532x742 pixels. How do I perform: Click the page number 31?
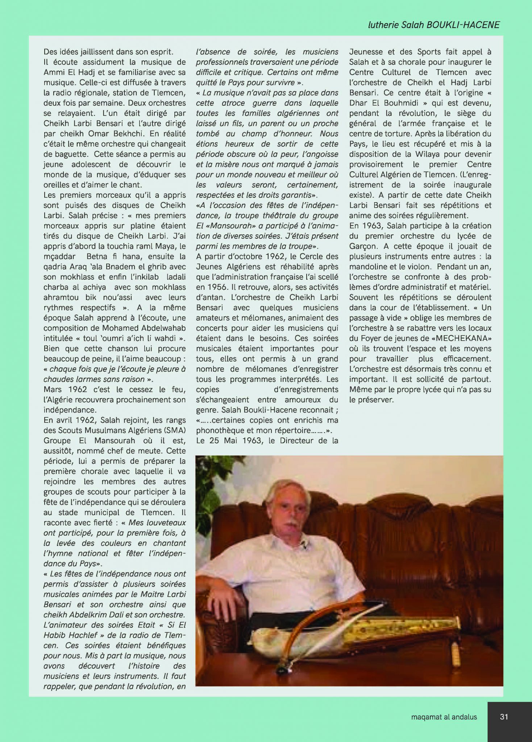pyautogui.click(x=504, y=717)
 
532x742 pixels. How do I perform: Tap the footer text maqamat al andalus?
pyautogui.click(x=444, y=717)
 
